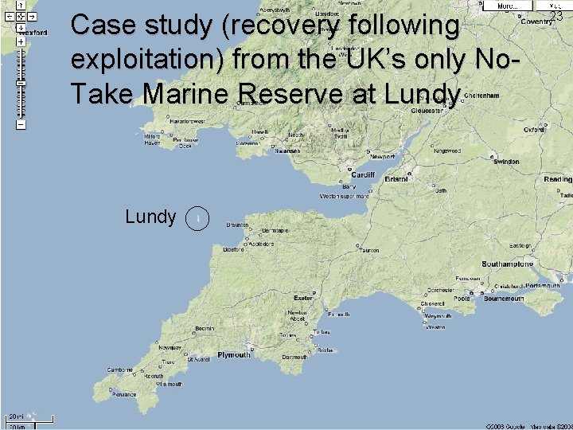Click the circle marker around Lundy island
[197, 217]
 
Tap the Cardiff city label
[361, 175]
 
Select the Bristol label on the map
[396, 179]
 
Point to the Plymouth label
[234, 355]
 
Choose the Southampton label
[507, 264]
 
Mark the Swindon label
[505, 162]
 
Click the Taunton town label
[368, 250]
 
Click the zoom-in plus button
[20, 41]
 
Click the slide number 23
[556, 16]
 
